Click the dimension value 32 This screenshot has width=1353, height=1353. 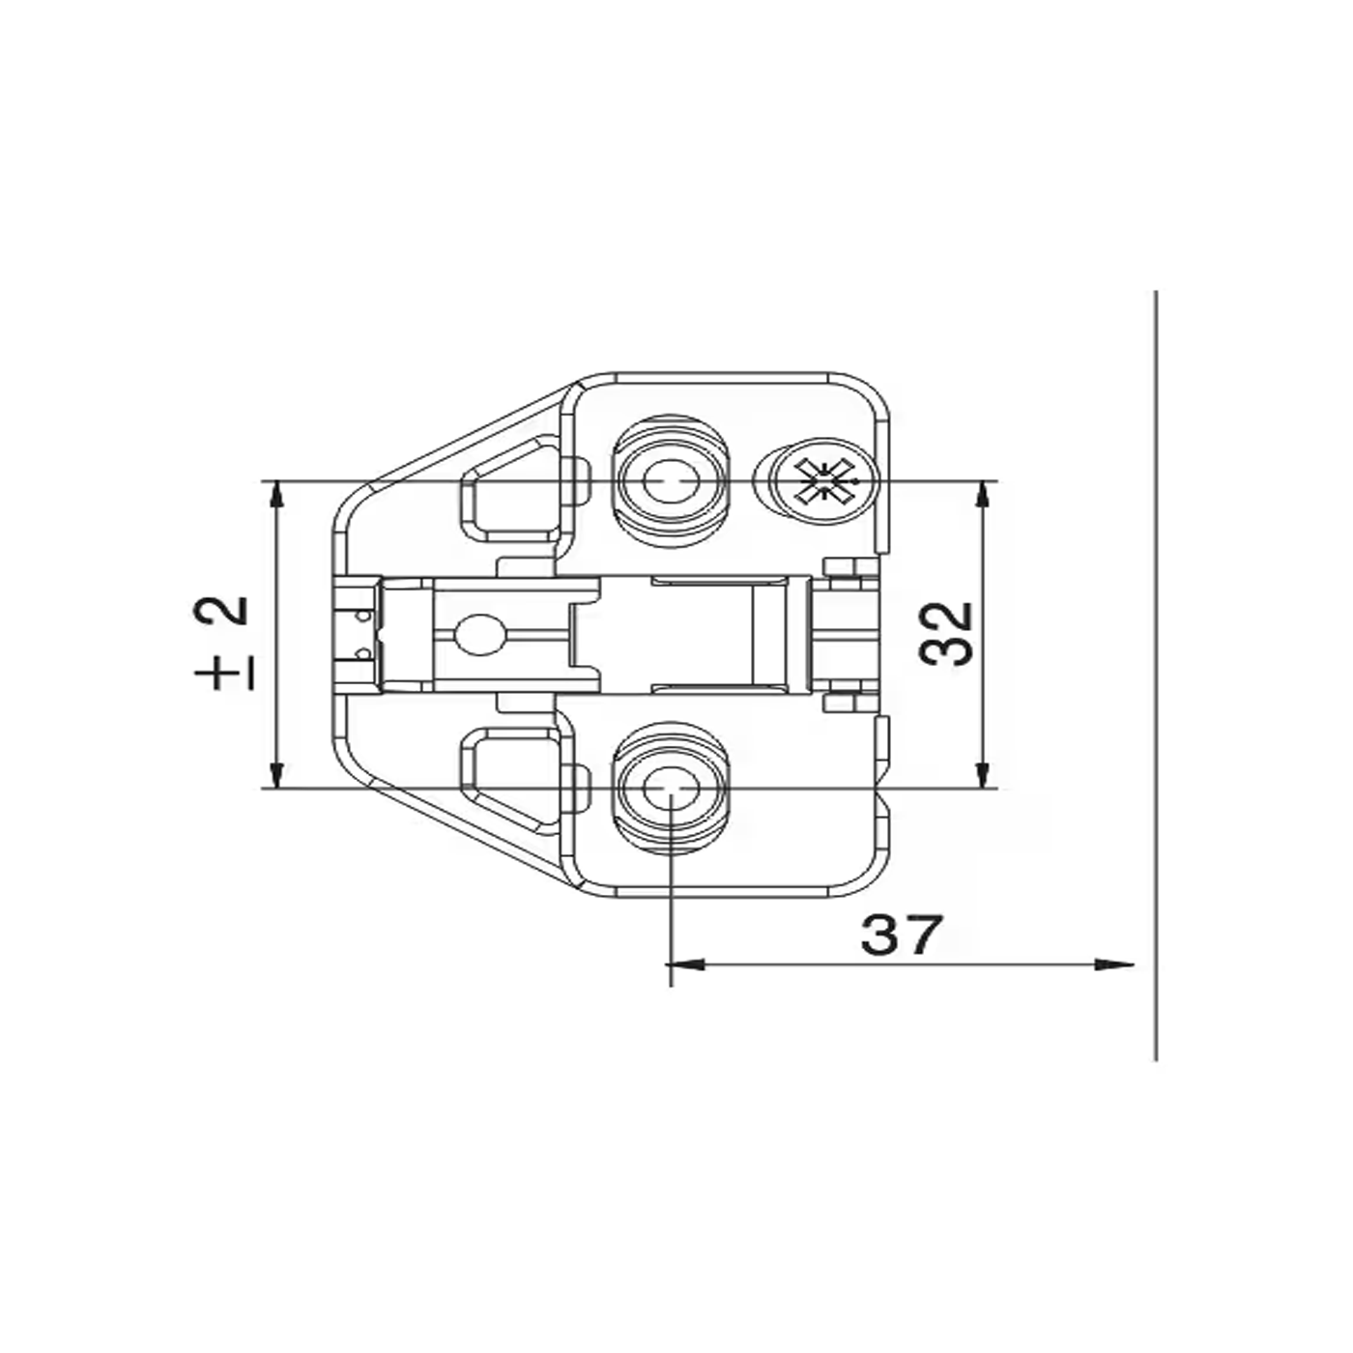click(x=947, y=634)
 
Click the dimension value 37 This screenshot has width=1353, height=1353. click(x=900, y=935)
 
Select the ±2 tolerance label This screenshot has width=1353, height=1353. click(x=221, y=643)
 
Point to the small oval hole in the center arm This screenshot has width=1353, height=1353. click(x=480, y=635)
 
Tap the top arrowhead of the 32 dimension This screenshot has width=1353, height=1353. click(x=983, y=495)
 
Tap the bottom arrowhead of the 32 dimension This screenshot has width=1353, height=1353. click(x=983, y=775)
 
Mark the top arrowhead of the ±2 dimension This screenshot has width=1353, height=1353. click(x=277, y=495)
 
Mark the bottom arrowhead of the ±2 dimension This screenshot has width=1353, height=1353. click(x=277, y=775)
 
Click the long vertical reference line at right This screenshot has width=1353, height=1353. click(x=1156, y=676)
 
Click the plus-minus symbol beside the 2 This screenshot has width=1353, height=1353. click(x=221, y=673)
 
